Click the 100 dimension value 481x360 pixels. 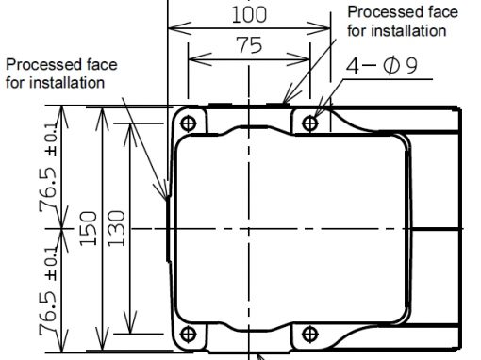pos(249,14)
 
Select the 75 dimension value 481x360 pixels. pos(249,45)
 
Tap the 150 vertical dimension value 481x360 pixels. pos(88,228)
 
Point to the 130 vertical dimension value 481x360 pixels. pos(116,228)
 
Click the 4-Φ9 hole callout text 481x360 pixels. pos(382,65)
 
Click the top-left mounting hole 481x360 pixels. pos(189,123)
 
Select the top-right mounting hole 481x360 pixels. pos(310,123)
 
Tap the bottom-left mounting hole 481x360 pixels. pos(189,334)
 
